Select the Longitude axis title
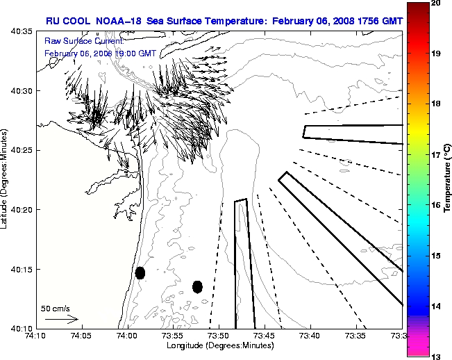(x=219, y=345)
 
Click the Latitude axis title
(x=6, y=180)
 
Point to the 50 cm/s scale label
(x=55, y=308)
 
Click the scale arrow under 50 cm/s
(x=61, y=319)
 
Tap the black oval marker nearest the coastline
(x=140, y=272)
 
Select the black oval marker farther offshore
(x=197, y=286)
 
